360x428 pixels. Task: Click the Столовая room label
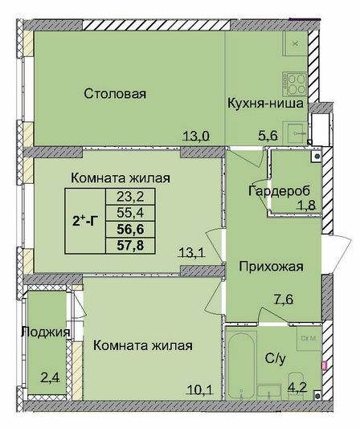point(115,94)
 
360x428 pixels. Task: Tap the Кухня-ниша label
point(265,104)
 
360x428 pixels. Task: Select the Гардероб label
point(279,191)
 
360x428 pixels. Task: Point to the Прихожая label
point(271,267)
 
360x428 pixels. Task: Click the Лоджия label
point(46,332)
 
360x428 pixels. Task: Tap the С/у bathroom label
point(275,358)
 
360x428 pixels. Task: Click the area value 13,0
point(196,136)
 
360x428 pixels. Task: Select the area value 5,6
point(268,135)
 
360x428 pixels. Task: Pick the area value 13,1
point(192,252)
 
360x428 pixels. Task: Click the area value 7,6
point(284,300)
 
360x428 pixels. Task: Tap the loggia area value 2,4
point(50,378)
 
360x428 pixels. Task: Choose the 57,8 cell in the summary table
point(130,246)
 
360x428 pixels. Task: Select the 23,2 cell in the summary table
point(130,196)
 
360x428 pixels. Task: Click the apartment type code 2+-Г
point(85,221)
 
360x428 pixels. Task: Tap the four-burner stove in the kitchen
point(295,84)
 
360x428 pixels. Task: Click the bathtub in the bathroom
point(241,363)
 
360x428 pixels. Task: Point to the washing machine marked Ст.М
point(309,339)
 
